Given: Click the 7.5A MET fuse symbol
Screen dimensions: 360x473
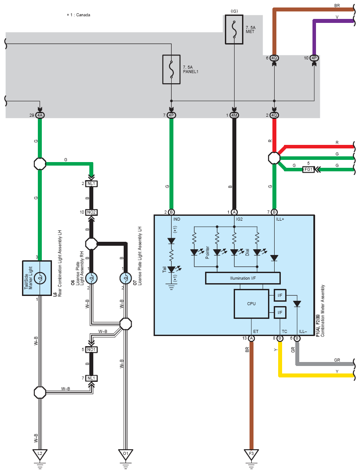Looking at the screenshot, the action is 234,30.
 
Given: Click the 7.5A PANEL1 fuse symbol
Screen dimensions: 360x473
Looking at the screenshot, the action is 171,70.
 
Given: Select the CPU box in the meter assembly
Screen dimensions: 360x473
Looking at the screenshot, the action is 251,304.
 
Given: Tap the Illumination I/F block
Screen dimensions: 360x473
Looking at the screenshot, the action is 242,278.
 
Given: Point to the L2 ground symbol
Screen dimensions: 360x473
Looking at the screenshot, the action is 40,455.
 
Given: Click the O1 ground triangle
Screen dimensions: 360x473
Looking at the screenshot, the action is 125,455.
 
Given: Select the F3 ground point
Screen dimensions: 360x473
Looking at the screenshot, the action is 251,455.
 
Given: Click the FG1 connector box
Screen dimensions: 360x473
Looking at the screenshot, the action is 309,169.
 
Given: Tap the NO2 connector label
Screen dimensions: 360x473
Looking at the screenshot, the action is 92,212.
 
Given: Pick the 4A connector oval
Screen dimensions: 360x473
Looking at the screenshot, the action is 40,115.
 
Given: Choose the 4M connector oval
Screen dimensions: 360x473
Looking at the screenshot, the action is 234,115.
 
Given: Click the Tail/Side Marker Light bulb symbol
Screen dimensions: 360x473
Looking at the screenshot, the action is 40,278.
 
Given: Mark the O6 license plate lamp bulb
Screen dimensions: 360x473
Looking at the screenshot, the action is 92,278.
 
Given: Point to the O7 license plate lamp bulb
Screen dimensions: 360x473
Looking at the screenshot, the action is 125,278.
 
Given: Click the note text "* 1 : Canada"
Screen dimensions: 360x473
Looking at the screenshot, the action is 78,15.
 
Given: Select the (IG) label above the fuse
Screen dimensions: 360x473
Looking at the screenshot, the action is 234,11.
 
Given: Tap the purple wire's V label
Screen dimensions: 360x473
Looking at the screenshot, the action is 337,17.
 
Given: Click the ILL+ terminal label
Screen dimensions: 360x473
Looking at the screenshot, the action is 280,219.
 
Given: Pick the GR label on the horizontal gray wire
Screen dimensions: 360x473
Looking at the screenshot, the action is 337,360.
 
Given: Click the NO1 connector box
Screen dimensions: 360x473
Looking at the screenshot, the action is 92,350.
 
